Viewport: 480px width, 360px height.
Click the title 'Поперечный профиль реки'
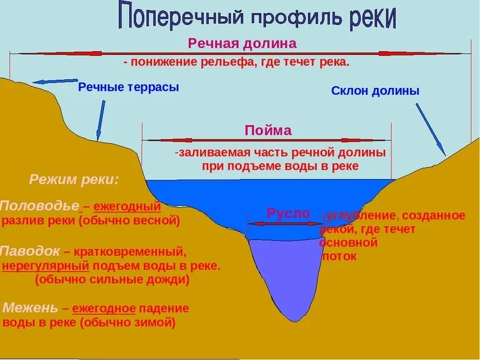tap(256, 17)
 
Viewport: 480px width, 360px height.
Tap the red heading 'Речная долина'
tap(242, 44)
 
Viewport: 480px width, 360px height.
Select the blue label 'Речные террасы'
tap(128, 87)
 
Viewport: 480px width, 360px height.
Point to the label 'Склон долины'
tap(375, 91)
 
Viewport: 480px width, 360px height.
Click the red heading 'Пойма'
tap(268, 130)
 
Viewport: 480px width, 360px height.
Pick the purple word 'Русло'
tap(288, 213)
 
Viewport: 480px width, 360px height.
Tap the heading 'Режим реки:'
tap(74, 180)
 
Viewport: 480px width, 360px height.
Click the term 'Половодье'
tap(40, 206)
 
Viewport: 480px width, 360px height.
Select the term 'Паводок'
tap(31, 251)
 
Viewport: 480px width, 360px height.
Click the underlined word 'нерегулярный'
tap(47, 266)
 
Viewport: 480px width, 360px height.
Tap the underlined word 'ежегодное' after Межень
tap(103, 308)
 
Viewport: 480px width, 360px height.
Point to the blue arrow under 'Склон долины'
tap(430, 129)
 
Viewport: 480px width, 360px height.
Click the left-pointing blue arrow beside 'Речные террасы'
tap(54, 80)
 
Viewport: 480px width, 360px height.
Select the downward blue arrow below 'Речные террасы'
tap(100, 118)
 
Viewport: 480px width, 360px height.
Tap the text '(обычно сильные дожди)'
tap(112, 280)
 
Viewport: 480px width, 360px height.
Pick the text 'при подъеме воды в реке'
tap(279, 166)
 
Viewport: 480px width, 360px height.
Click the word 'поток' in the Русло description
tap(341, 256)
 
